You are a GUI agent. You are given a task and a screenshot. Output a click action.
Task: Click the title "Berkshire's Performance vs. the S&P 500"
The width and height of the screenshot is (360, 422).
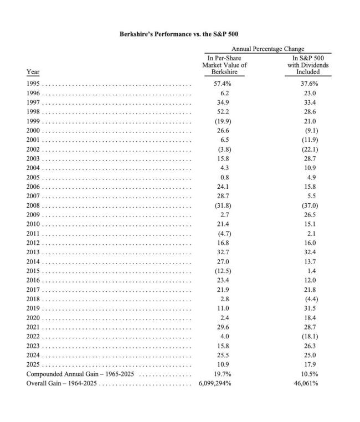click(x=179, y=34)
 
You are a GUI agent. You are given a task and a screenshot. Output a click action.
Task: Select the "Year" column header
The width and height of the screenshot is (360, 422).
click(x=33, y=72)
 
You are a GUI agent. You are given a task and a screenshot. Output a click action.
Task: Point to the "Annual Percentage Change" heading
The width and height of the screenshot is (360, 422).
click(x=268, y=49)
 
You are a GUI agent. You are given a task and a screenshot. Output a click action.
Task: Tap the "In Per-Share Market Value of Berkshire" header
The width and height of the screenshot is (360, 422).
click(x=224, y=65)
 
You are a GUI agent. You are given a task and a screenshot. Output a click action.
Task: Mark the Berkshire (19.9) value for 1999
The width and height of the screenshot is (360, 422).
click(x=222, y=121)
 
